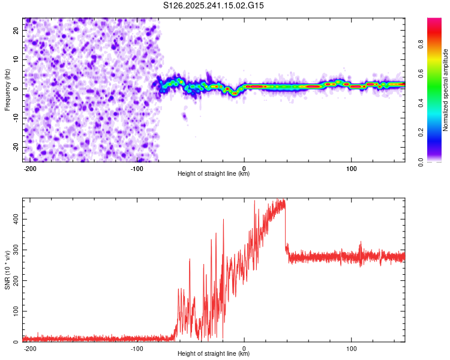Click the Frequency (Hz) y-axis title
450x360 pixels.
(7, 90)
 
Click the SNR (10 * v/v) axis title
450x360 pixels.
(7, 270)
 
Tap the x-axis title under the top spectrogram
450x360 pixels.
(214, 174)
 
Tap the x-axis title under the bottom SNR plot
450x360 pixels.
(214, 354)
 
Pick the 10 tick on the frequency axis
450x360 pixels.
(16, 59)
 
